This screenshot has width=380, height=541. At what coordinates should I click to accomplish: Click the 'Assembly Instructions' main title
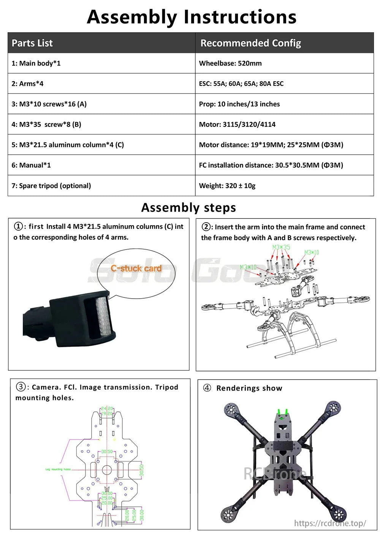point(192,17)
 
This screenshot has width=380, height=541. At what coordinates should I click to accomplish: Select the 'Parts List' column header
point(32,43)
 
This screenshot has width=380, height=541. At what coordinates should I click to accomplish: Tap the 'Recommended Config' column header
point(250,43)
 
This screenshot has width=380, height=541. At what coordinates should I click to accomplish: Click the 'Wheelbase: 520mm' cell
point(230,63)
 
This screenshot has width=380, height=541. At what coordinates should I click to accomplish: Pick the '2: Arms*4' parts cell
point(27,84)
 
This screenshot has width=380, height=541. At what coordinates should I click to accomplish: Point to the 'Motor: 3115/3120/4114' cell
point(237,124)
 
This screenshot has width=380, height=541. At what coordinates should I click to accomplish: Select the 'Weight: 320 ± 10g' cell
point(227,186)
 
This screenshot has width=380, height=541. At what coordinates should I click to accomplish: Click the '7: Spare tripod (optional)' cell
point(51,186)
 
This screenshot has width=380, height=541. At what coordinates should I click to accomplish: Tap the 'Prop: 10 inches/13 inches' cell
point(239,104)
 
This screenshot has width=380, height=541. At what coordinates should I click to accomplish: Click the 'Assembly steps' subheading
point(188,207)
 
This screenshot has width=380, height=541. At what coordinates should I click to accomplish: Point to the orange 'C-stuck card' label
point(136,268)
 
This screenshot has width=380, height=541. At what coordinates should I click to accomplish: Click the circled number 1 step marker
point(18,226)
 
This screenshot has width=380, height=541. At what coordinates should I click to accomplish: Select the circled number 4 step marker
point(207,388)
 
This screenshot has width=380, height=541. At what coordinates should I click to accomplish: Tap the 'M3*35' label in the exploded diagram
point(281,247)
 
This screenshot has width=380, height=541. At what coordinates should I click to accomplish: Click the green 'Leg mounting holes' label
point(58,469)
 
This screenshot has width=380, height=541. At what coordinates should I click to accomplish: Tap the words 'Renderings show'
point(249,388)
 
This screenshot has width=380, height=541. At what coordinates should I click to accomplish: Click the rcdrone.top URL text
point(330,523)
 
